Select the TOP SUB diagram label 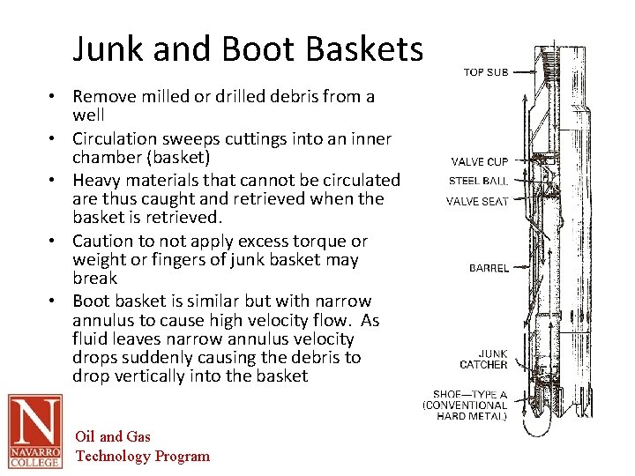[x=486, y=72]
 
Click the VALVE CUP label [x=480, y=161]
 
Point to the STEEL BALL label [x=478, y=182]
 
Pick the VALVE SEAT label [x=477, y=201]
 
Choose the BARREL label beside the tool [x=489, y=268]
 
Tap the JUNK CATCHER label [x=483, y=359]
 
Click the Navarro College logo [x=35, y=430]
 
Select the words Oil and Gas [x=114, y=436]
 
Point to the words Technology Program [x=143, y=456]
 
